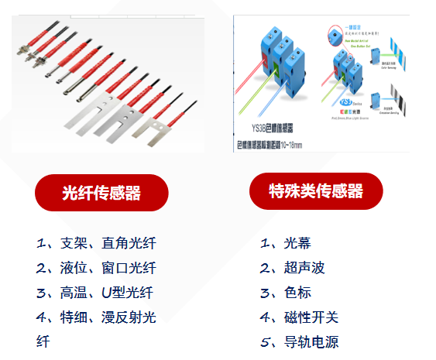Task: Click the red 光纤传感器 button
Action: [101, 193]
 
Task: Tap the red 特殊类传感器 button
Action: [316, 190]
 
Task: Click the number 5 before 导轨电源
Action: [265, 342]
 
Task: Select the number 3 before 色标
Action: [265, 293]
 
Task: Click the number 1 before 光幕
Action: [265, 243]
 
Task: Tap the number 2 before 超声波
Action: [265, 268]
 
